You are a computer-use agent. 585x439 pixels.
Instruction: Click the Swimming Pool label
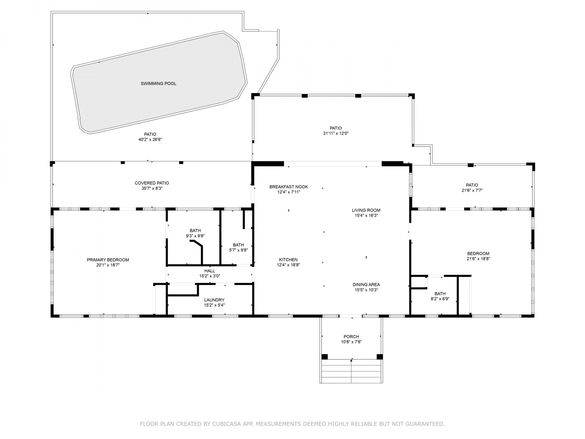point(158,84)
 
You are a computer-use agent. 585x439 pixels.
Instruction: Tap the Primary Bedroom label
point(108,260)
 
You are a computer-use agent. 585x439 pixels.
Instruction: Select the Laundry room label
point(214,300)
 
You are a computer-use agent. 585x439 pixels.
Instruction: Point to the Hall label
point(210,271)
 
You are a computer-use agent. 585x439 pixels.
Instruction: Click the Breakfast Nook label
point(288,187)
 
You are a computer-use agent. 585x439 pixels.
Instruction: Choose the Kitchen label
point(288,260)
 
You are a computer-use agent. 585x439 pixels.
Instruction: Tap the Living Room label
point(366,211)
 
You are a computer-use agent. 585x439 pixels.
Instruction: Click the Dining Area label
point(366,285)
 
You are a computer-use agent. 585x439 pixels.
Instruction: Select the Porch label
point(351,337)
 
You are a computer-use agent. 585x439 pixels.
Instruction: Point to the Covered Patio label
point(152,183)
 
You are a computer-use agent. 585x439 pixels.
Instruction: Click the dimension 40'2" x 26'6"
point(150,140)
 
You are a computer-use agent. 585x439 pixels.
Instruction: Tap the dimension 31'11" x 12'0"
point(336,134)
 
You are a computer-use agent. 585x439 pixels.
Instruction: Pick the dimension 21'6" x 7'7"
point(472,191)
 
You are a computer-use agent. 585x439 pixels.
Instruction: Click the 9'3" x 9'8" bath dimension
point(195,236)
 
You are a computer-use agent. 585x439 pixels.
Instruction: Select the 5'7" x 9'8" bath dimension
point(238,250)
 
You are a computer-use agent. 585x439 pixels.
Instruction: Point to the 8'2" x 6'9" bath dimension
point(440,299)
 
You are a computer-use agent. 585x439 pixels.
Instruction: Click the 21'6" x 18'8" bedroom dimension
point(478,259)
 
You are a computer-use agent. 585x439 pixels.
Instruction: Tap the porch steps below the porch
point(351,372)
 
